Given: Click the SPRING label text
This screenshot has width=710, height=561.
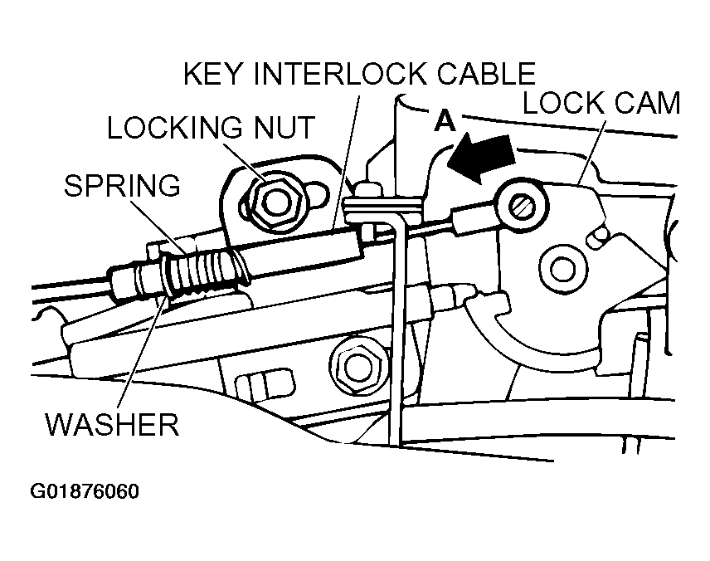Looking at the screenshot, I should coord(122,185).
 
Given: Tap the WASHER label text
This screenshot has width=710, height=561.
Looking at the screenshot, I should coord(111,425).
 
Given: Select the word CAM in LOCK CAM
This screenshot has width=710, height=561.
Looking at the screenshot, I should coord(646,104).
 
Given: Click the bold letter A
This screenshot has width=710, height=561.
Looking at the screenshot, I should coord(445,121).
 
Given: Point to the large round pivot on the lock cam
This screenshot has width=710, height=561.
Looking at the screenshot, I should coord(562,268).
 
